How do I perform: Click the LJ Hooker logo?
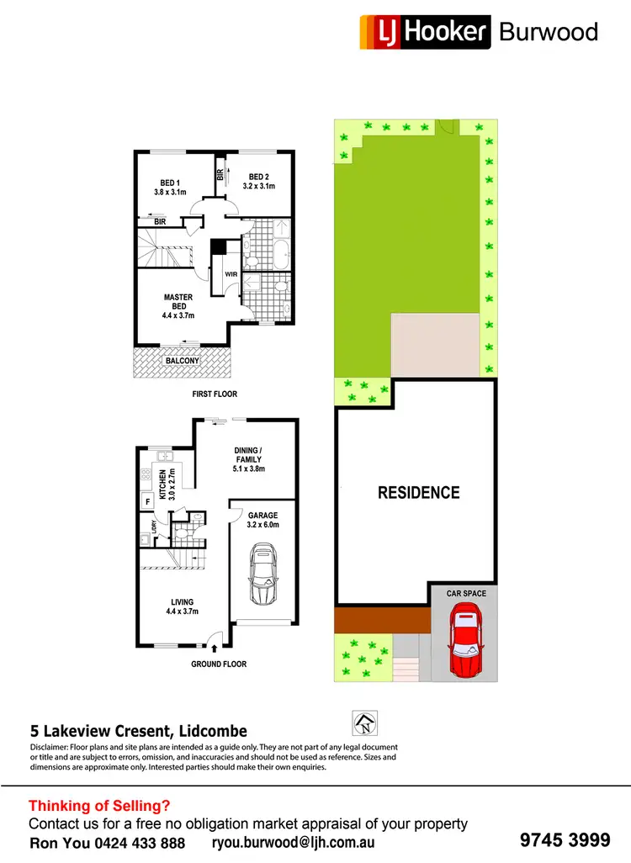pyautogui.click(x=425, y=31)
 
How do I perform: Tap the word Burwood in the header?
pyautogui.click(x=548, y=32)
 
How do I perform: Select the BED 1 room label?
pyautogui.click(x=171, y=188)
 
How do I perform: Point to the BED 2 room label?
pyautogui.click(x=258, y=181)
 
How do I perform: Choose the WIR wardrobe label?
pyautogui.click(x=229, y=273)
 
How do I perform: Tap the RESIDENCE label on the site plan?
pyautogui.click(x=418, y=493)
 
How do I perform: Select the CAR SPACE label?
pyautogui.click(x=466, y=594)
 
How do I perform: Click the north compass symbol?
pyautogui.click(x=364, y=722)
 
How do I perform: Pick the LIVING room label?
pyautogui.click(x=182, y=607)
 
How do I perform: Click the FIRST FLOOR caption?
pyautogui.click(x=214, y=394)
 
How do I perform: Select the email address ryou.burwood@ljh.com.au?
pyautogui.click(x=292, y=842)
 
